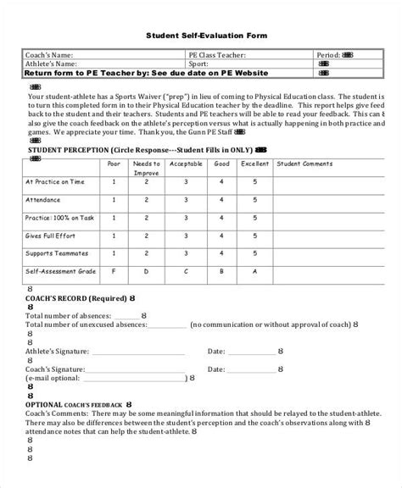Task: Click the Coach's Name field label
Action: pyautogui.click(x=49, y=54)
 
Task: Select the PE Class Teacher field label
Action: pyautogui.click(x=220, y=54)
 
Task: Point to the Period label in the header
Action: pyautogui.click(x=327, y=54)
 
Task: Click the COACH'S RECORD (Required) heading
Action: pyautogui.click(x=72, y=300)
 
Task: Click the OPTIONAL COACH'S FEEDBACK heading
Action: pyautogui.click(x=75, y=406)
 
